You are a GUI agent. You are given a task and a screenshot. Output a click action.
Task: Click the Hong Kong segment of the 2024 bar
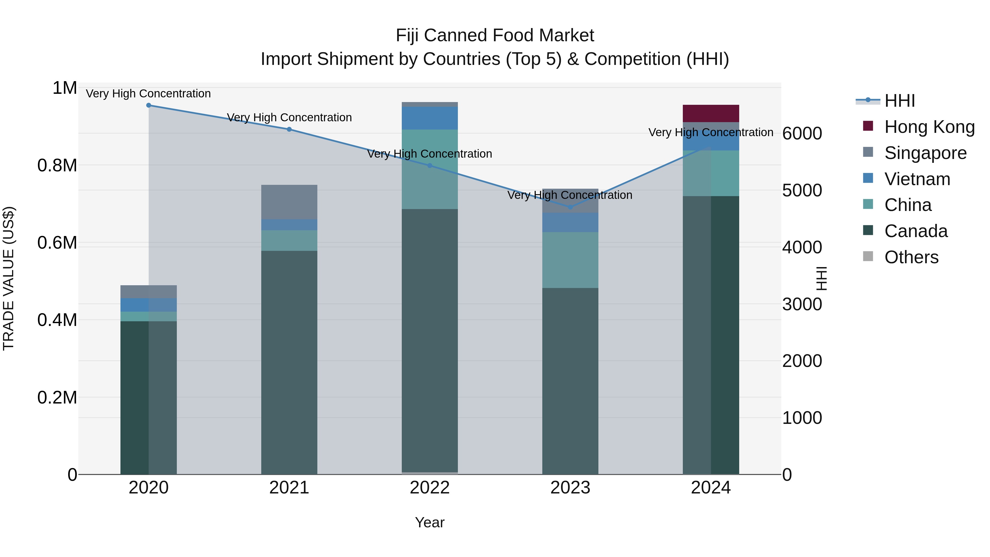pyautogui.click(x=711, y=113)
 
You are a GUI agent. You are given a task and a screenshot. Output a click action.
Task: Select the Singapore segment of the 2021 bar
pyautogui.click(x=289, y=202)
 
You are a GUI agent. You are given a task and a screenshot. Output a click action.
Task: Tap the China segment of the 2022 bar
pyautogui.click(x=430, y=169)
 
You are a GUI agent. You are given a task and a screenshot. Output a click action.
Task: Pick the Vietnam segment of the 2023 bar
pyautogui.click(x=570, y=222)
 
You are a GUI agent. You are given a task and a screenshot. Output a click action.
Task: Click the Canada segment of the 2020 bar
pyautogui.click(x=148, y=397)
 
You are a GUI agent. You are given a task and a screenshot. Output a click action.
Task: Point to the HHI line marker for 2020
pyautogui.click(x=149, y=105)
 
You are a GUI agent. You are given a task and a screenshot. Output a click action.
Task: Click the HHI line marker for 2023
pyautogui.click(x=570, y=207)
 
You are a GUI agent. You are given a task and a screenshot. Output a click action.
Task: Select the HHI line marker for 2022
pyautogui.click(x=430, y=166)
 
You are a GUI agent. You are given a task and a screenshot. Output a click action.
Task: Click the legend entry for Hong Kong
pyautogui.click(x=929, y=127)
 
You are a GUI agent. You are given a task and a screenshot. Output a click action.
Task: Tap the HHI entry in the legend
pyautogui.click(x=899, y=101)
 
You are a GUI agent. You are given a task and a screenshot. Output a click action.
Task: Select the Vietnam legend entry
pyautogui.click(x=917, y=179)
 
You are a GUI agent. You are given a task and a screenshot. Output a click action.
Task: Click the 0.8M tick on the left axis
pyautogui.click(x=57, y=166)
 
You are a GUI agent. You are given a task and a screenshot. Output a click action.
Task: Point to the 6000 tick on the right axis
pyautogui.click(x=802, y=133)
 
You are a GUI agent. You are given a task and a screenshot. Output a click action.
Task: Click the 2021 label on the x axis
pyautogui.click(x=289, y=488)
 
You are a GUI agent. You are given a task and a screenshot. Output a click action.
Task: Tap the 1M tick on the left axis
pyautogui.click(x=65, y=88)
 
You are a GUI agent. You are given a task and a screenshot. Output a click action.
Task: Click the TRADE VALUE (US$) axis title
pyautogui.click(x=9, y=278)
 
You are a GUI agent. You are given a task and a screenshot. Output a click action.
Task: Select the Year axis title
pyautogui.click(x=430, y=522)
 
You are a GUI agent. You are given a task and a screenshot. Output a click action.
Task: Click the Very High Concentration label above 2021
pyautogui.click(x=289, y=117)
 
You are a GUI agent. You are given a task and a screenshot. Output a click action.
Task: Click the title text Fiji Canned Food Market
pyautogui.click(x=495, y=35)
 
